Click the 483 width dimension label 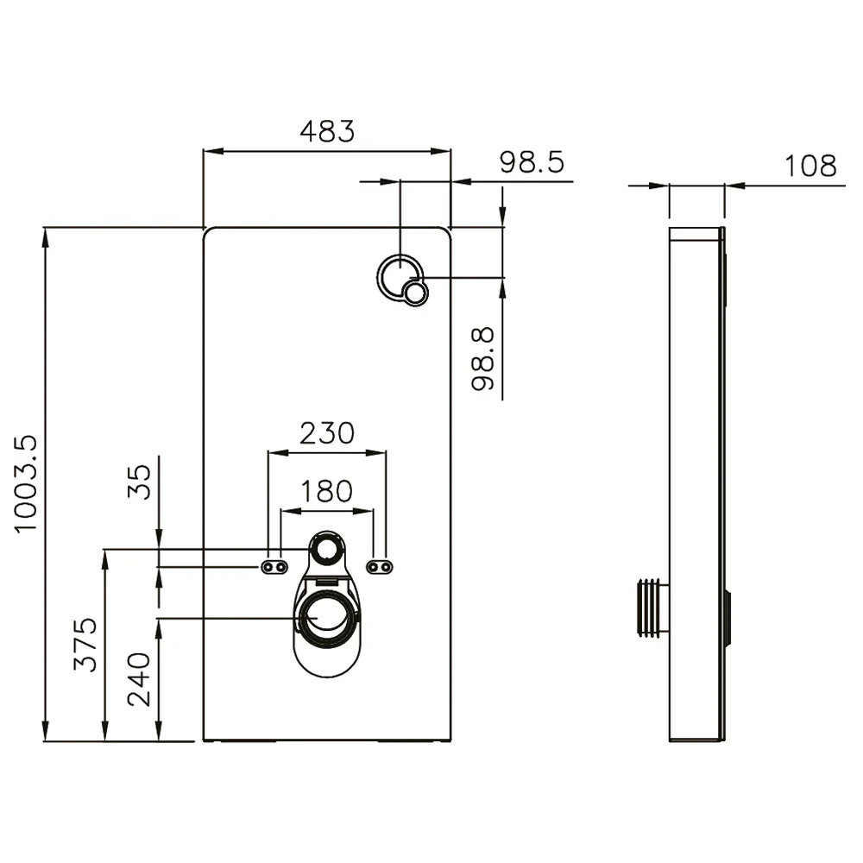tap(327, 131)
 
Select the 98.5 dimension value tap(532, 162)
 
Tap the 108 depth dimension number tap(810, 166)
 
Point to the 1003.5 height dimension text tap(25, 484)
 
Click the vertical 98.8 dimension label tap(482, 359)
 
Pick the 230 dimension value tap(327, 433)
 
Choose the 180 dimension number tap(327, 491)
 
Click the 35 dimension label tap(139, 482)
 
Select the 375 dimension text tap(85, 644)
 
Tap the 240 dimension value tap(139, 679)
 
